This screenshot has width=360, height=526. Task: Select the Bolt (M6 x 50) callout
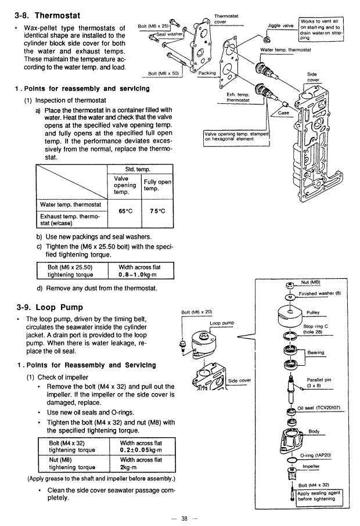tap(164, 74)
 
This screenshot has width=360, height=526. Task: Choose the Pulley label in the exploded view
tap(314, 312)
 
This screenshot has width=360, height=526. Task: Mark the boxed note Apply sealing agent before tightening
tap(319, 496)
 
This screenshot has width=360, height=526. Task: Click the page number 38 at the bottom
tap(185, 518)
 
